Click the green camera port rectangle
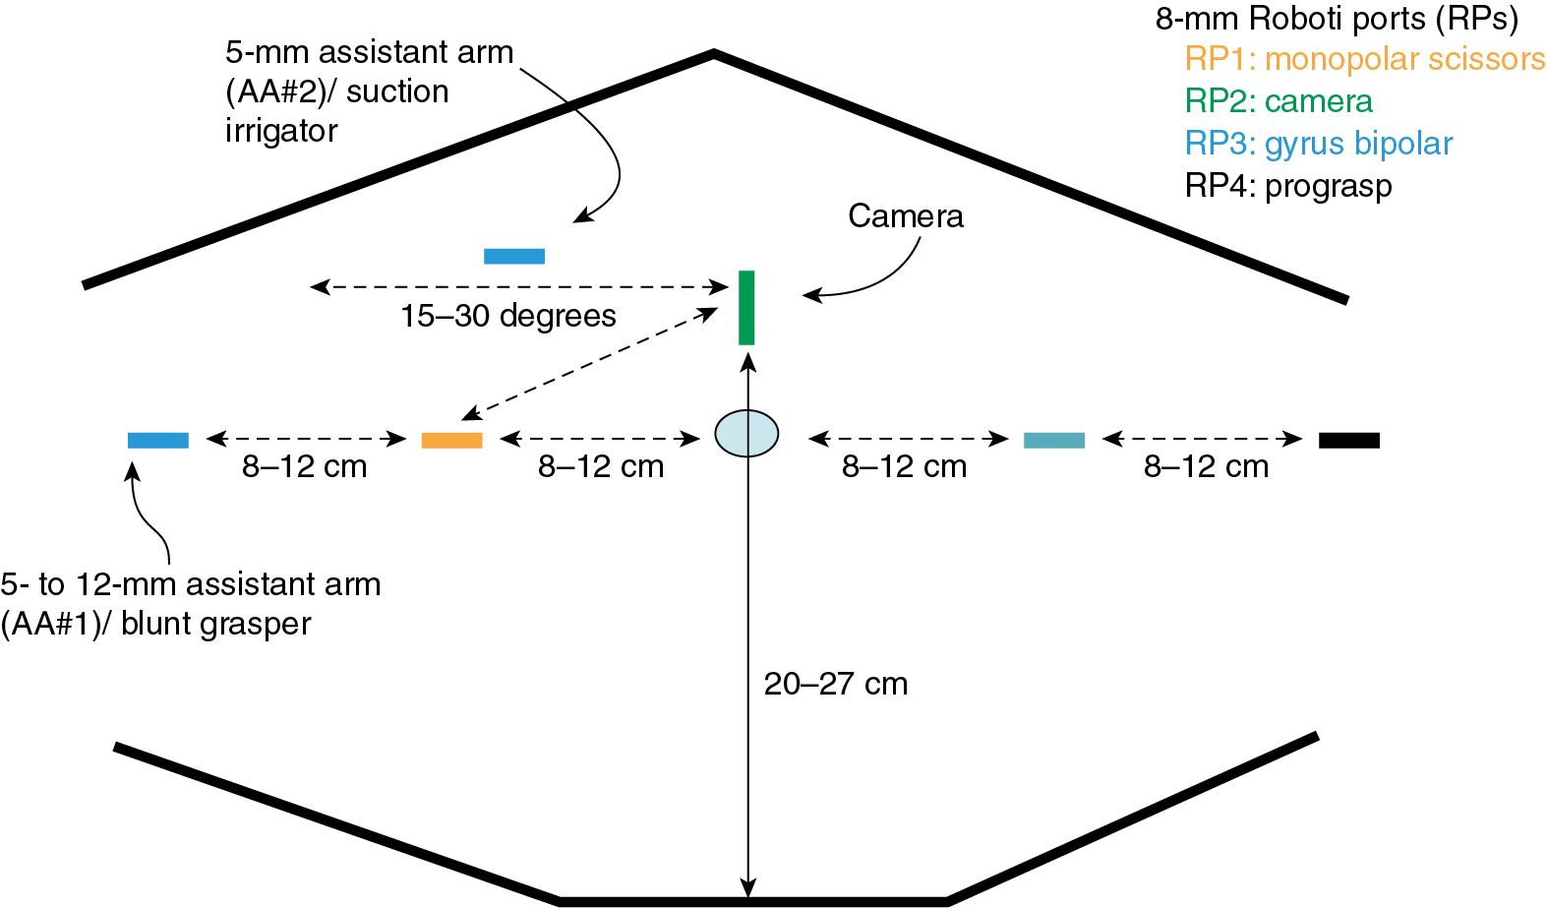pos(746,307)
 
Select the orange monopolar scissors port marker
pos(451,440)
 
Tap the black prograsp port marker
pos(1348,440)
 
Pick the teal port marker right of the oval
pos(1053,440)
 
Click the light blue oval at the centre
pos(746,433)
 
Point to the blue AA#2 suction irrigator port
pos(513,256)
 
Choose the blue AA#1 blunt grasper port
pos(157,440)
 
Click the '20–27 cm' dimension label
pos(835,684)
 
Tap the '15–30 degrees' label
pos(507,316)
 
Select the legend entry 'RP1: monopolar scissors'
pos(1364,59)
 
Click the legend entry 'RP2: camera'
pos(1278,101)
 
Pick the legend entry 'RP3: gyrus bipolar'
pos(1318,144)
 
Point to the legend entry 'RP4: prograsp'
pos(1287,186)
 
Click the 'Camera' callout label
pos(905,216)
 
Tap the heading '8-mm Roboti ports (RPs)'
pos(1337,18)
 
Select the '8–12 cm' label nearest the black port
pos(1206,466)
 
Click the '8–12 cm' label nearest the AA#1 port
pos(304,466)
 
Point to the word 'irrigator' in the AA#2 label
pos(281,131)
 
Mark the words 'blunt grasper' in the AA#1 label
pos(215,624)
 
